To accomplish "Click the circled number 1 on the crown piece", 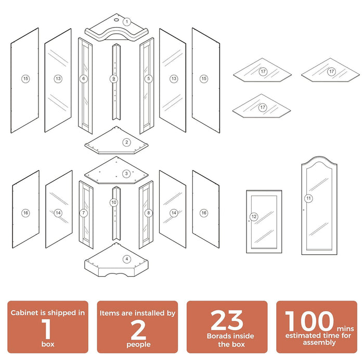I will point(127,22).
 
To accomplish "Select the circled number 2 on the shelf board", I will point(126,142).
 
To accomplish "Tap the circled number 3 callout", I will point(126,174).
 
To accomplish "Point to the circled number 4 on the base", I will point(126,258).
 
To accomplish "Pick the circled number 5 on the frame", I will point(149,79).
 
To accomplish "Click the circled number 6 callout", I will point(83,79).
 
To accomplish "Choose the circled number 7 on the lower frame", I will point(84,213).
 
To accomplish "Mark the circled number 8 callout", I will point(149,213).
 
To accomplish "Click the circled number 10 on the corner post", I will point(114,202).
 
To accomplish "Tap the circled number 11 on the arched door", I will point(308,198).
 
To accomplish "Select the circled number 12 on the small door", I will point(254,217).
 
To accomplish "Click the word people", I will point(138,344).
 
